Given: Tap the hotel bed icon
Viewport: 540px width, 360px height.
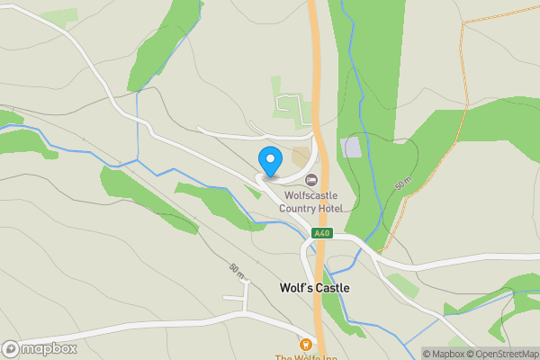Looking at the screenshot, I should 311,180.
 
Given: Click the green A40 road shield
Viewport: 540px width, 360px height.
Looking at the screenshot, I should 321,233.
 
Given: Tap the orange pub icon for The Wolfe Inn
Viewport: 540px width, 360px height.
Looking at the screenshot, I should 306,344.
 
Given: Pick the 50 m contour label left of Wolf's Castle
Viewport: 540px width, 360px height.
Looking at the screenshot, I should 237,270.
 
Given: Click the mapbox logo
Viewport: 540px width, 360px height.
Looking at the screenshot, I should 40,348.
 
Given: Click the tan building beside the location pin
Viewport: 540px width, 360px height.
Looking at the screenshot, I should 300,157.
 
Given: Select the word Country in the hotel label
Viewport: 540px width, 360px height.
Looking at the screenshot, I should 305,209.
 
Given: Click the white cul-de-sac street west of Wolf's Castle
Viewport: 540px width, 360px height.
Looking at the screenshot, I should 237,297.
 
